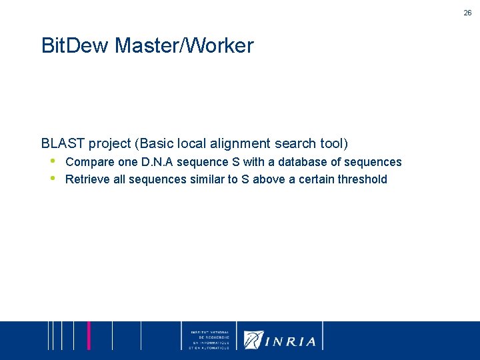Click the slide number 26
[x=468, y=13]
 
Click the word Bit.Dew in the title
[x=75, y=46]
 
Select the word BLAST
[x=63, y=143]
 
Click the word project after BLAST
[x=110, y=144]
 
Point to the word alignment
[x=239, y=143]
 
